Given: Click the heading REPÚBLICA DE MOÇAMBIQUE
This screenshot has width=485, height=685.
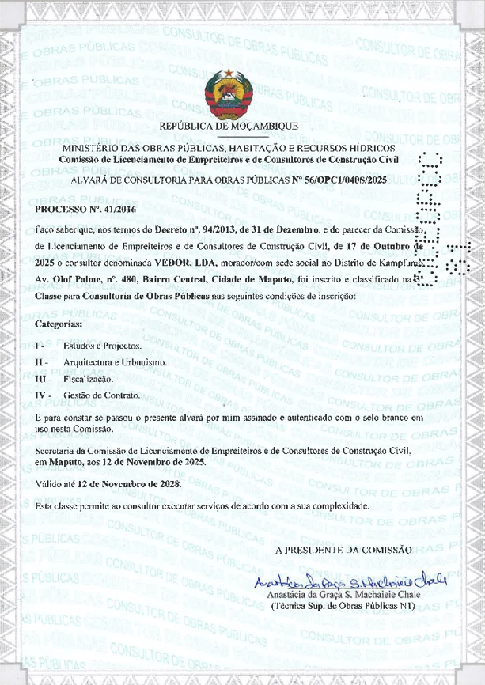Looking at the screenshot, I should (229, 127).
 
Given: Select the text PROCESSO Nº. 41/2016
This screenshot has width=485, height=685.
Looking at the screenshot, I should (77, 210).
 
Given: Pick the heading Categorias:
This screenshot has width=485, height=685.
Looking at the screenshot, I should (59, 324).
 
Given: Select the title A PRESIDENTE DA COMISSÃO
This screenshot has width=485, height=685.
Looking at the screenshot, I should (343, 549).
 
